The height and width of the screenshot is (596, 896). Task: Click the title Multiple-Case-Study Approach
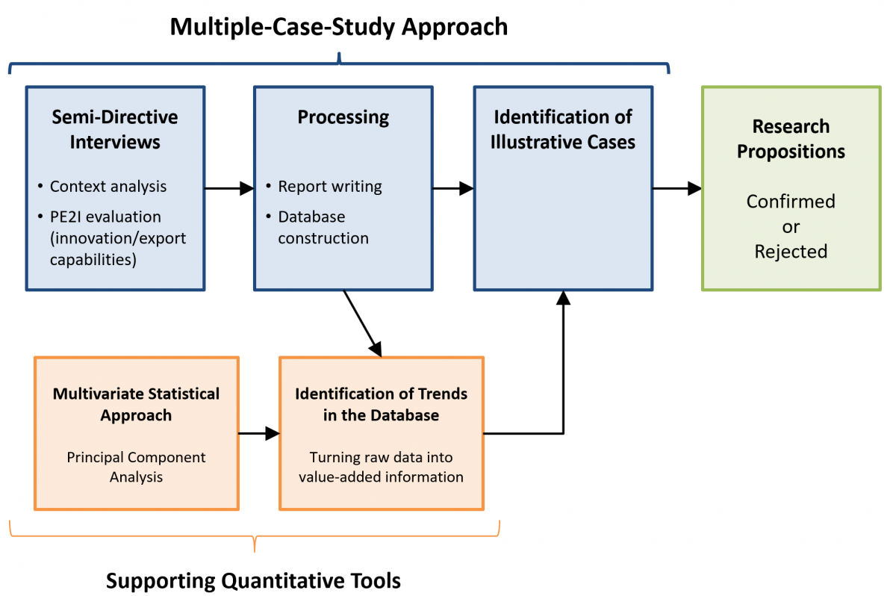[339, 27]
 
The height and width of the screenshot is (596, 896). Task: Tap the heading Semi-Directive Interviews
[115, 130]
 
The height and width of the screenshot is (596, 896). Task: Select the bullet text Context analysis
[108, 187]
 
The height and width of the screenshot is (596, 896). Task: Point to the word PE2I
[65, 217]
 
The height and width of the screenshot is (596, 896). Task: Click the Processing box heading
[343, 117]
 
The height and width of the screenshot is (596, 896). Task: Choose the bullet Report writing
[330, 187]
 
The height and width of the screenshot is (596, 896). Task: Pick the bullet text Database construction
[323, 227]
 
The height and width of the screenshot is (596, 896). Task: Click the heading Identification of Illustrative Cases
[563, 130]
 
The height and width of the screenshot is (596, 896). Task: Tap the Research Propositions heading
[791, 139]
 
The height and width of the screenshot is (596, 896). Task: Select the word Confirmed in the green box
[791, 201]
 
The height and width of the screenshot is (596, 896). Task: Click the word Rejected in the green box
[791, 252]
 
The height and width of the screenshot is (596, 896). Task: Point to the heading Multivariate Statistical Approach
[136, 404]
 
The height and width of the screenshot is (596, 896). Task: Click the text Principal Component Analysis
[136, 467]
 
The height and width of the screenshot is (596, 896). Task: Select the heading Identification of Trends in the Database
[381, 404]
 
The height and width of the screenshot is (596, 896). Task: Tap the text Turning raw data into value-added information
[381, 467]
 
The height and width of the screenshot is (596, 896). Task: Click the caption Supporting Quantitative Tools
[253, 581]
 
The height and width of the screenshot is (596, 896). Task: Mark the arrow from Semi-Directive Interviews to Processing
[229, 188]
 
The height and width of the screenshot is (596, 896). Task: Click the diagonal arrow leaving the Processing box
[363, 323]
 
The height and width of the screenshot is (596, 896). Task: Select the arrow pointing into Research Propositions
[677, 188]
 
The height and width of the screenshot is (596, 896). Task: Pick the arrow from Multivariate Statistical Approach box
[259, 433]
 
